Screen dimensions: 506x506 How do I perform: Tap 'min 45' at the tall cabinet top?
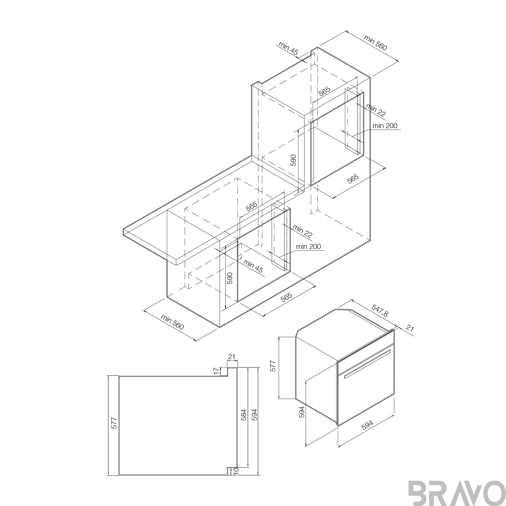[x=288, y=48]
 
